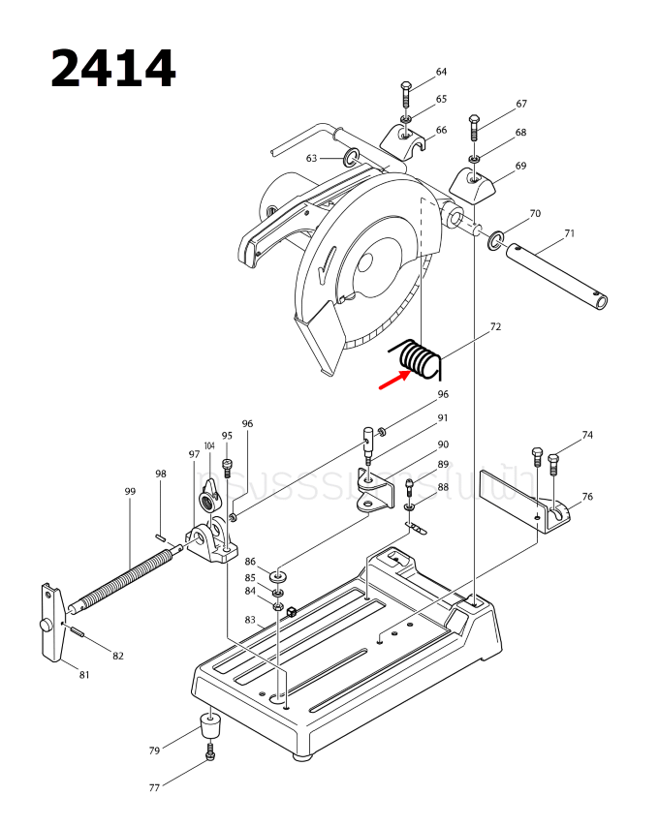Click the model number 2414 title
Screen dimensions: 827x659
coord(112,69)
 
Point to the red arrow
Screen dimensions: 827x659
coord(392,377)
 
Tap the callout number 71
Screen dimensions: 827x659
coord(570,232)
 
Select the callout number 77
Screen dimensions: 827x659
coord(154,788)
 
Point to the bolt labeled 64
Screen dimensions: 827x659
coord(406,97)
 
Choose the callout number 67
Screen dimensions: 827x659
coord(521,104)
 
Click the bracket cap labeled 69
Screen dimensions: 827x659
coord(473,183)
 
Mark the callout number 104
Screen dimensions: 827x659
coord(208,445)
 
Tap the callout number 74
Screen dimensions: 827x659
coord(587,436)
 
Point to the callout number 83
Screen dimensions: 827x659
coord(250,620)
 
